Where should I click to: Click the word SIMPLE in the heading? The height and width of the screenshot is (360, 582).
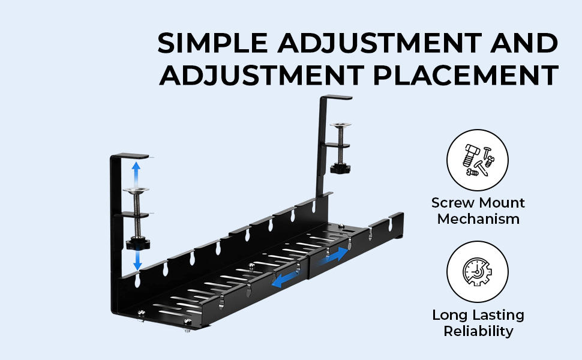coord(212,43)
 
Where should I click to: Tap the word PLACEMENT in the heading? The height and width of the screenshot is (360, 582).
coord(466,76)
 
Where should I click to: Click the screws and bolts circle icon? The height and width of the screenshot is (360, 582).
coord(478,160)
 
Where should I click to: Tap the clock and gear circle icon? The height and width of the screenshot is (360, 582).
coord(478,272)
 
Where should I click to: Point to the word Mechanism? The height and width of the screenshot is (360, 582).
coord(478,219)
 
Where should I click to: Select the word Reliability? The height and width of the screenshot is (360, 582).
coord(478,331)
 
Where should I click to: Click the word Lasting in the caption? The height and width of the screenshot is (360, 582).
coord(498,315)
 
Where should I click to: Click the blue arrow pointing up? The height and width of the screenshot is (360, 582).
coord(136,175)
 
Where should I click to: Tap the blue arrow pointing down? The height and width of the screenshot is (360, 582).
coord(137,259)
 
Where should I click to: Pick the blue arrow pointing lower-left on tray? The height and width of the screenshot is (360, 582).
coord(285,280)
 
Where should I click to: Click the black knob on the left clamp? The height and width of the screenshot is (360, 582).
coord(138,244)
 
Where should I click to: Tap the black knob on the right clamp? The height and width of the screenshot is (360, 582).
coord(340,169)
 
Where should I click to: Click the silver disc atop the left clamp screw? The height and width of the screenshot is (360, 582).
coord(136,191)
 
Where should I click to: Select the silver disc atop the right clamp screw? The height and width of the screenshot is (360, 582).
coord(340,125)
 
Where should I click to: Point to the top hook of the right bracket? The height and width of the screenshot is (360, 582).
coord(336,97)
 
